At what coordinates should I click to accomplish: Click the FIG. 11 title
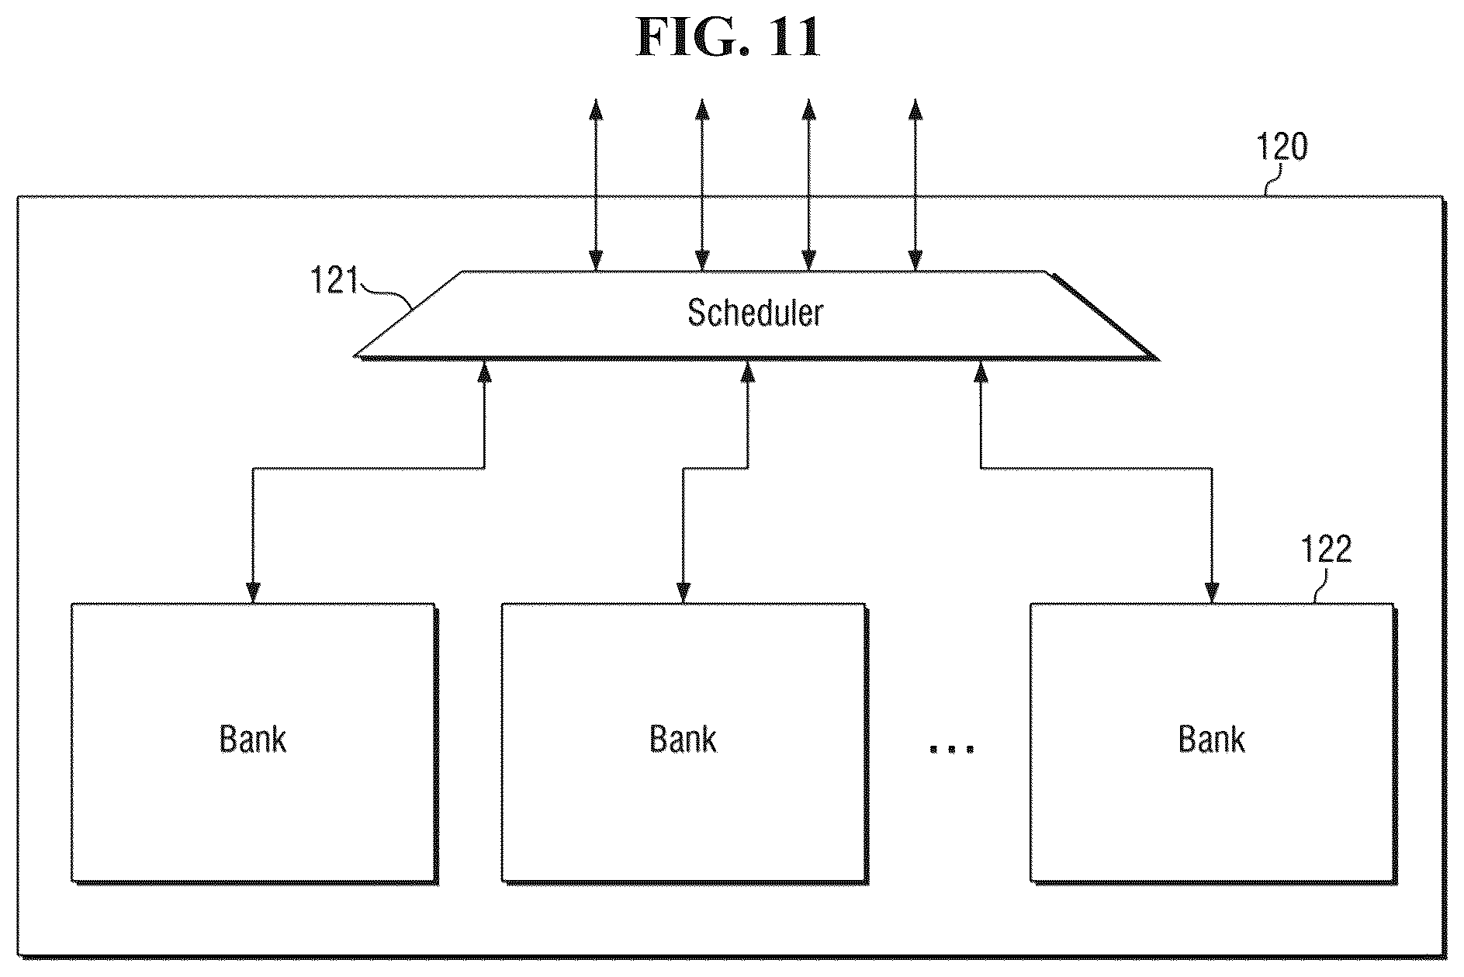click(728, 36)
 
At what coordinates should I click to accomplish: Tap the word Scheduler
click(755, 312)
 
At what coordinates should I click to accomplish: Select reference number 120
click(1282, 146)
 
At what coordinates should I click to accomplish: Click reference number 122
click(1326, 549)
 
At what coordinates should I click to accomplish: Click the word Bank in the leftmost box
click(253, 739)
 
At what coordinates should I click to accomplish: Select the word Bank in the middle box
click(683, 739)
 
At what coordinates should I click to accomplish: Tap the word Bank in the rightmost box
click(1212, 739)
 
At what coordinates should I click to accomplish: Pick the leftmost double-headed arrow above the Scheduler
click(596, 185)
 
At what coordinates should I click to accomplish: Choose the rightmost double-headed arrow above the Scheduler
click(915, 185)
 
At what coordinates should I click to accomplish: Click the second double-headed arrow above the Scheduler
click(701, 185)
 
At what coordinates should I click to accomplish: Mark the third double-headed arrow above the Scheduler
click(808, 185)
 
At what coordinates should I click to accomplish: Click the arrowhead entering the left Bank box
click(252, 592)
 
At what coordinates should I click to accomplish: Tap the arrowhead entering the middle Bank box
click(683, 592)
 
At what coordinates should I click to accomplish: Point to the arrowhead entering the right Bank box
click(1212, 592)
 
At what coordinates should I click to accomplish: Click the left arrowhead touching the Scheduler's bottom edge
click(485, 371)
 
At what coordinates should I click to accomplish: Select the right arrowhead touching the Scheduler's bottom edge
click(981, 371)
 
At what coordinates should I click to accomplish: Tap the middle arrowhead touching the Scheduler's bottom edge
click(747, 371)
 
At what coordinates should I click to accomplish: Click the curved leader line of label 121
click(388, 293)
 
